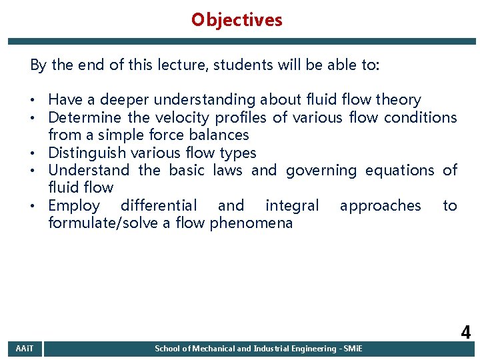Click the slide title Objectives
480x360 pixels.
pos(237,20)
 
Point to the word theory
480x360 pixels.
pos(398,100)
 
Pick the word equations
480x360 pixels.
pos(401,171)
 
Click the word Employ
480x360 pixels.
pos(74,206)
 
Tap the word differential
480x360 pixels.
pos(159,205)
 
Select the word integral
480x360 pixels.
pos(292,206)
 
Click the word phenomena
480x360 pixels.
pos(251,223)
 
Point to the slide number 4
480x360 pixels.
pos(465,332)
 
